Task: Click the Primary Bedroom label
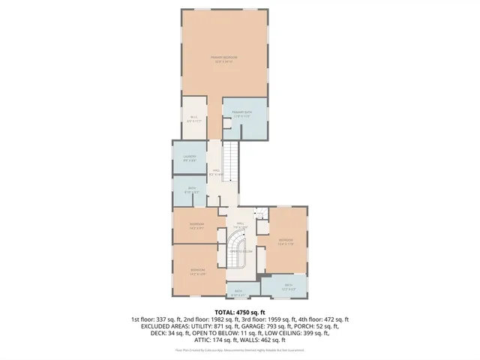pos(223,60)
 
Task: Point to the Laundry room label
pos(190,157)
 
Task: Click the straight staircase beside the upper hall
pos(232,161)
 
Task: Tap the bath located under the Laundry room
pos(192,191)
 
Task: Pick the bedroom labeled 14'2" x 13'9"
pos(197,271)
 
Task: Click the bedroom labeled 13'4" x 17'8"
pos(285,241)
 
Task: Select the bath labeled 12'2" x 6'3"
pos(289,286)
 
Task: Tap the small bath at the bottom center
pos(238,292)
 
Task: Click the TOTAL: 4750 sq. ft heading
pos(240,311)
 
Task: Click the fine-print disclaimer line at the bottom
pos(240,349)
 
